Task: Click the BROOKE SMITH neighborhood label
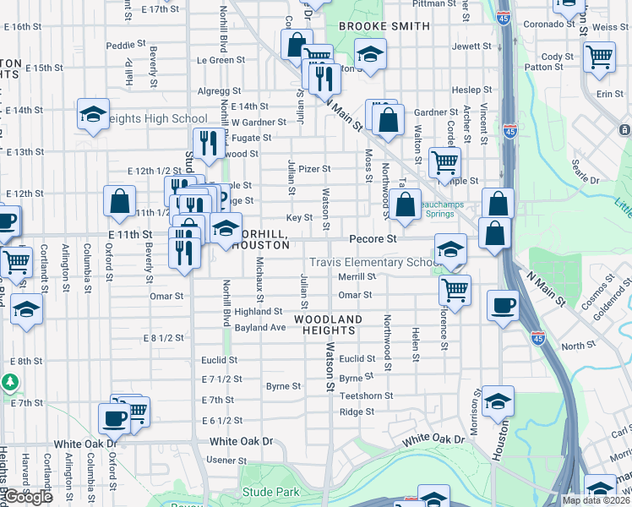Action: [384, 26]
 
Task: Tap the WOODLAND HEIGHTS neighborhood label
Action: [328, 324]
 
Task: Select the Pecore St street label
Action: [373, 239]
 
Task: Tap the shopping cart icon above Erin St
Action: [599, 57]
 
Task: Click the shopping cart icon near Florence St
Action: [455, 290]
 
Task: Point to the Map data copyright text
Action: [597, 500]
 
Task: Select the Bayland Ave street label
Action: [260, 327]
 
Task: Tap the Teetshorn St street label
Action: [366, 395]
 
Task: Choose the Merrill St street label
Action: [357, 276]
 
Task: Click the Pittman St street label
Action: [434, 4]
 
